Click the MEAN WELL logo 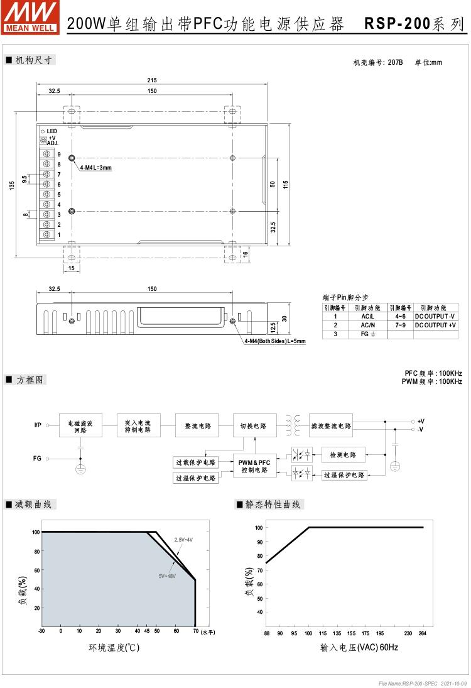pyautogui.click(x=30, y=17)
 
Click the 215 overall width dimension pyautogui.click(x=152, y=80)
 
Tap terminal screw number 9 pyautogui.click(x=47, y=154)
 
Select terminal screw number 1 pyautogui.click(x=47, y=235)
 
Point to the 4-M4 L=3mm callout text pyautogui.click(x=95, y=168)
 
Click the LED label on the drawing pyautogui.click(x=51, y=131)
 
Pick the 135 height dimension pyautogui.click(x=12, y=185)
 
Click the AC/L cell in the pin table pyautogui.click(x=367, y=317)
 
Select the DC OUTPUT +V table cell pyautogui.click(x=435, y=325)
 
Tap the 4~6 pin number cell pyautogui.click(x=401, y=317)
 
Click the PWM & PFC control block pyautogui.click(x=254, y=466)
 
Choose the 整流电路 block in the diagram pyautogui.click(x=198, y=425)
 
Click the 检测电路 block pyautogui.click(x=343, y=455)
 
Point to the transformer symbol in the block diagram pyautogui.click(x=293, y=425)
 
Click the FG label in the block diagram pyautogui.click(x=37, y=458)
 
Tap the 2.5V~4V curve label pyautogui.click(x=183, y=540)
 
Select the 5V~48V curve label pyautogui.click(x=167, y=576)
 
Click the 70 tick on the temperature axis pyautogui.click(x=195, y=631)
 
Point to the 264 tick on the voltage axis pyautogui.click(x=422, y=633)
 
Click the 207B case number pyautogui.click(x=395, y=62)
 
